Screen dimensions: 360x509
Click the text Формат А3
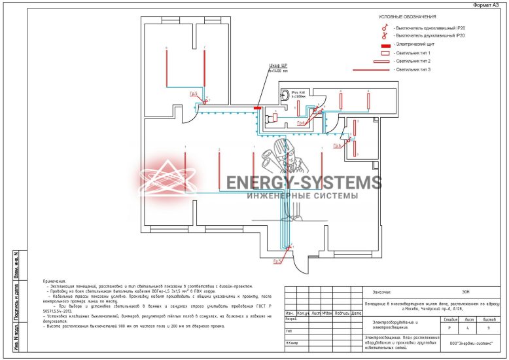point(488,5)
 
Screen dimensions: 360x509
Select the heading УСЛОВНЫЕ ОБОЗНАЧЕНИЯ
point(407,16)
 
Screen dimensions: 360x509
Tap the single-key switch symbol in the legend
point(385,28)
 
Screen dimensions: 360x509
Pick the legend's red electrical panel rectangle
point(385,43)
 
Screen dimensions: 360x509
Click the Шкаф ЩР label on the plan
point(278,66)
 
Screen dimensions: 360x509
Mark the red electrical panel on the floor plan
point(258,107)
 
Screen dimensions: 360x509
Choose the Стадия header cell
point(449,319)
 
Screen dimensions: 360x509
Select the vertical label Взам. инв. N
point(16,264)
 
